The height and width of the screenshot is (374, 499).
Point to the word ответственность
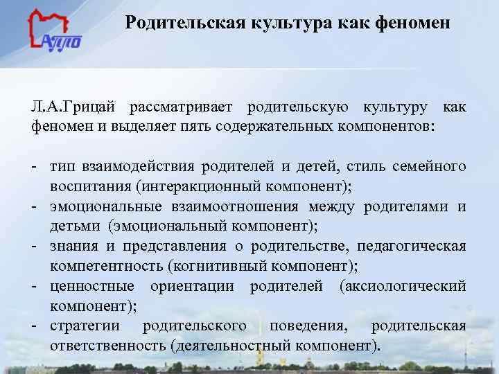[x=107, y=346]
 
